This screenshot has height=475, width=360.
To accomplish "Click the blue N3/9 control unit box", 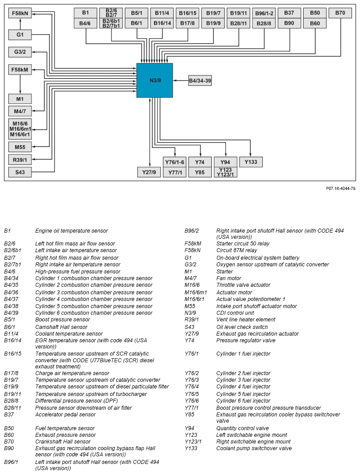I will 154,80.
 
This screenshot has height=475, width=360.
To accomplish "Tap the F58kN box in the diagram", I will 20,13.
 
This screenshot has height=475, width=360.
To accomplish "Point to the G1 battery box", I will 20,34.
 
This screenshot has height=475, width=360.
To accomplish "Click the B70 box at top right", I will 340,13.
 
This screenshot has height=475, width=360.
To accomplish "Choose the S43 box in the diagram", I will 20,172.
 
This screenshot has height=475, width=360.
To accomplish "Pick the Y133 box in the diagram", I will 251,162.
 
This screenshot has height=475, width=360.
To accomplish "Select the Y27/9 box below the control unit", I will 149,172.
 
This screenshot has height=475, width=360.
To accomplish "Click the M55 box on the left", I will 20,147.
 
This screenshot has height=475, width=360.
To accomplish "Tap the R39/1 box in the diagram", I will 20,159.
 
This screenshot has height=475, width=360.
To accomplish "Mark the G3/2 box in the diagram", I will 20,52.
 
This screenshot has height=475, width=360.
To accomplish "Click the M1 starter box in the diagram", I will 20,99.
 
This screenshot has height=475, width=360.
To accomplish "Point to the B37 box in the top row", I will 289,13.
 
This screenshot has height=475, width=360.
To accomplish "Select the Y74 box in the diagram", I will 200,162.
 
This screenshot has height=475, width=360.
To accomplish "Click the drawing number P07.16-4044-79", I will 340,189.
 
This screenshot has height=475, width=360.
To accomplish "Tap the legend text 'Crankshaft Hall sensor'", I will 63,442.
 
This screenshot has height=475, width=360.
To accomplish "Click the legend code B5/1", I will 10,320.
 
